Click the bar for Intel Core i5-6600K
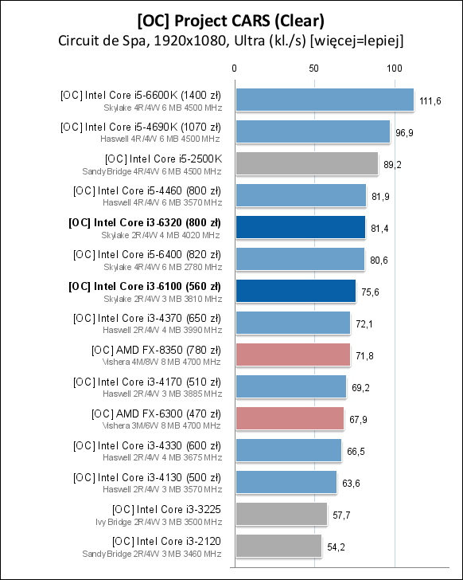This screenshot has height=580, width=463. coord(325,100)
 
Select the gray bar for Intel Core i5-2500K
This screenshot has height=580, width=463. coord(306,163)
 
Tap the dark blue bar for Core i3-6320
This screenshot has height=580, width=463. coord(300,227)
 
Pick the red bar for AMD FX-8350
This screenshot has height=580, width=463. coord(292,355)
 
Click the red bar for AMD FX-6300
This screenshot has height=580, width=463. coord(289,418)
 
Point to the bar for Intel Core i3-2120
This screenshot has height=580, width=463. coord(278,546)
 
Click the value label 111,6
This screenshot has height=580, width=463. coord(430,100)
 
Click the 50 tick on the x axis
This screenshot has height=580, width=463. coord(314,69)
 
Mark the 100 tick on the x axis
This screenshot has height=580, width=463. coord(395,69)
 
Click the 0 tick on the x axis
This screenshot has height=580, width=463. coord(235,69)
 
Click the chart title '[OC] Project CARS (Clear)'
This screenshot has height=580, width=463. coord(231,18)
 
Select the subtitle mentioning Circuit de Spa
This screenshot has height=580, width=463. coord(231,40)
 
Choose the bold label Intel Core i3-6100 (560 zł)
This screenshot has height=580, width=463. coord(145,285)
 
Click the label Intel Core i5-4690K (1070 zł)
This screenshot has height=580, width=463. coord(141,126)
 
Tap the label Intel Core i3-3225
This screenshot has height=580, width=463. coord(167,508)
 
